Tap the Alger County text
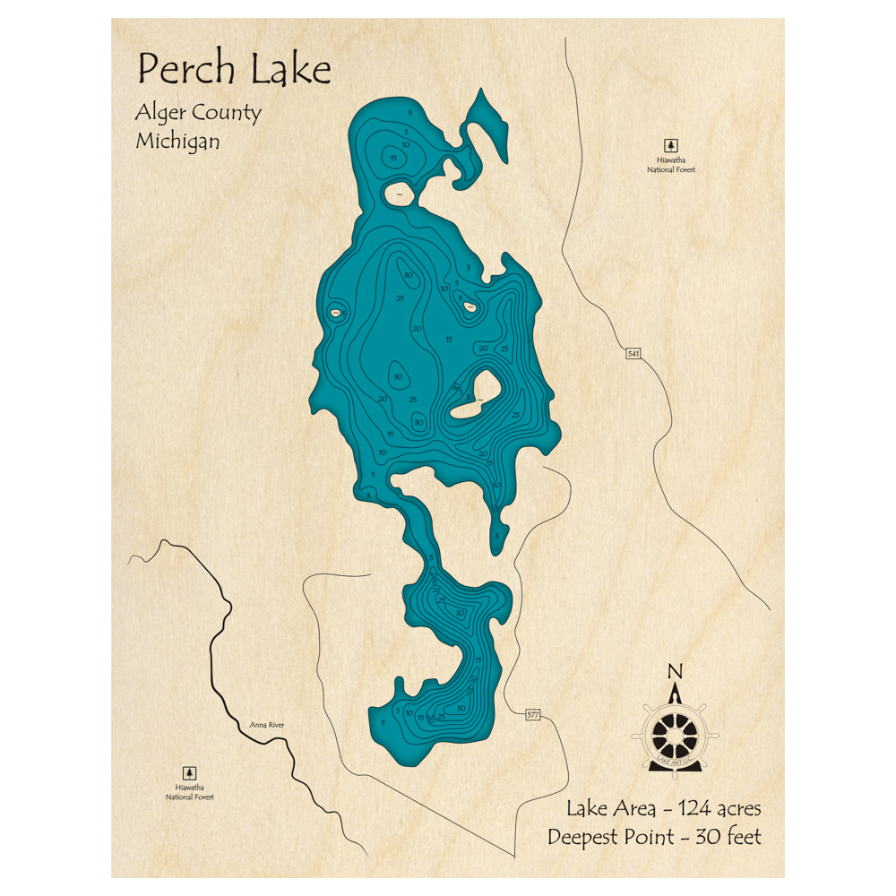(x=198, y=113)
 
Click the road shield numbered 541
(x=633, y=355)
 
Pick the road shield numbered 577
(x=533, y=714)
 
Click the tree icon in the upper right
(x=670, y=145)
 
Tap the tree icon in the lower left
(x=189, y=772)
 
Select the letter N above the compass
(x=676, y=671)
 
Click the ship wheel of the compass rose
(x=675, y=734)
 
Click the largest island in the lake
(x=476, y=396)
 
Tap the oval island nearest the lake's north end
(x=398, y=193)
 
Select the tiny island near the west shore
(x=336, y=313)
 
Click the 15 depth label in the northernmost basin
(x=393, y=159)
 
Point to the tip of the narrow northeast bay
(x=482, y=91)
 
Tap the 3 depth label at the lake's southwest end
(x=383, y=722)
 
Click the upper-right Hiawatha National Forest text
(x=670, y=164)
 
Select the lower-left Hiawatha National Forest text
(x=189, y=791)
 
